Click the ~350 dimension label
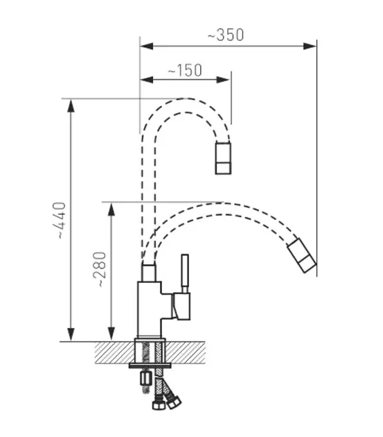click(226, 35)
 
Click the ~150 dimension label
click(185, 70)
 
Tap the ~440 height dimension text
click(60, 221)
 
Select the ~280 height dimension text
click(100, 270)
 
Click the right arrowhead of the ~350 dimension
click(310, 46)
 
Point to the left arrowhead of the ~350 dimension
click(147, 46)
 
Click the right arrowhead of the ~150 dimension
click(223, 80)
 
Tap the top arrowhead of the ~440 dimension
click(71, 106)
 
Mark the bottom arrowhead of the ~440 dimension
click(71, 334)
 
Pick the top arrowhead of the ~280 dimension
click(112, 209)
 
